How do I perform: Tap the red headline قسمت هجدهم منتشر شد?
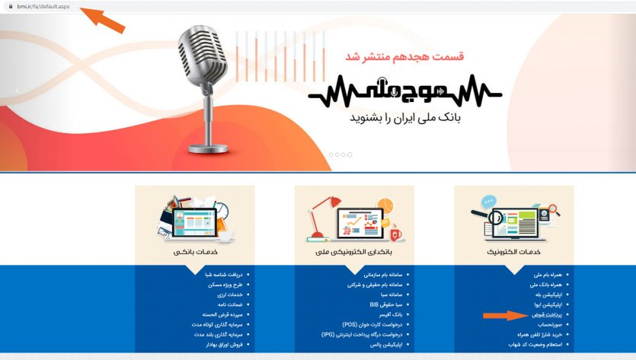click(404, 56)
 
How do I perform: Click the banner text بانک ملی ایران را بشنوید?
click(405, 119)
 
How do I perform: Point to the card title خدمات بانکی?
click(194, 250)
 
